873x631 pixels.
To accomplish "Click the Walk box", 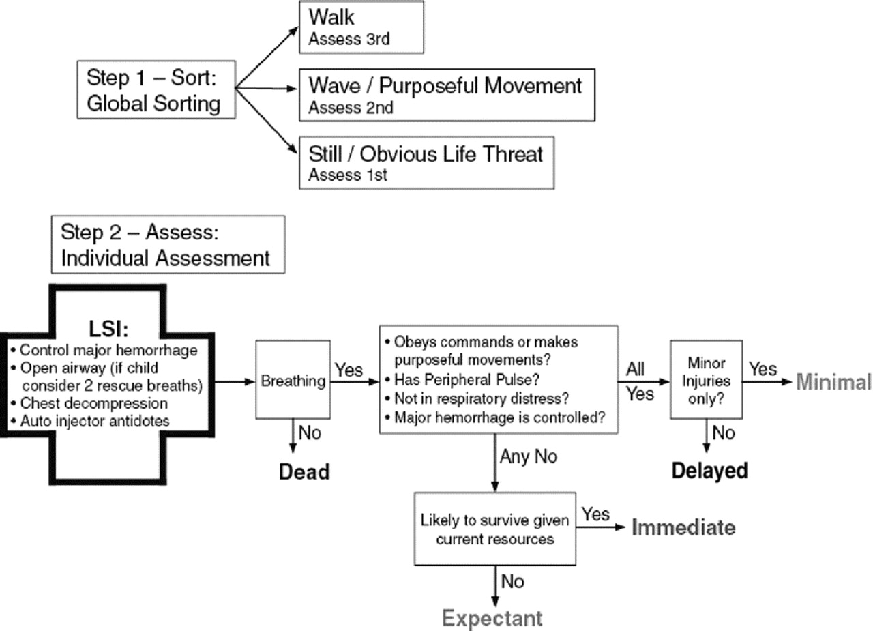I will tap(361, 27).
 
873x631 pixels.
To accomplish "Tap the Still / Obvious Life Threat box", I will tap(426, 162).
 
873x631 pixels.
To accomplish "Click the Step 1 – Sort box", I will tap(151, 90).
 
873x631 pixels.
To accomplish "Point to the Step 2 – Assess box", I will tap(168, 245).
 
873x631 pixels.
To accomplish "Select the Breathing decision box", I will tap(293, 381).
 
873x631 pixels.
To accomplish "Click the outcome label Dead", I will tap(304, 471).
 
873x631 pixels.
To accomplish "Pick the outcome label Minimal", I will tap(833, 382).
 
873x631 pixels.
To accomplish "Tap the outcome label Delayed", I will tap(709, 471).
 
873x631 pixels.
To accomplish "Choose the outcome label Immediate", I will tap(683, 528).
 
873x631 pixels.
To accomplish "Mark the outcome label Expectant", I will tap(492, 619).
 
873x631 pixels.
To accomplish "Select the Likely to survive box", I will tap(494, 529).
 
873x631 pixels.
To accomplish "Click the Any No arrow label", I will tap(528, 456).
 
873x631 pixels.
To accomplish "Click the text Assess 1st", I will tap(348, 175).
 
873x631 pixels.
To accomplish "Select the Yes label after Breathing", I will tap(349, 370).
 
